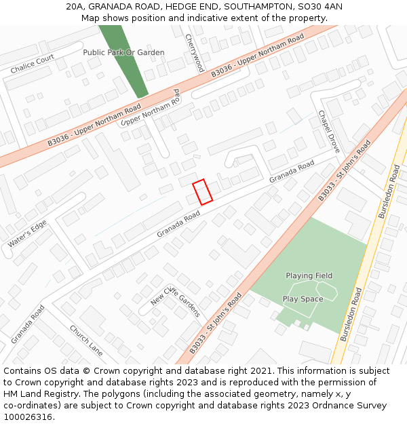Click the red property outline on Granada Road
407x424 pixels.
202,191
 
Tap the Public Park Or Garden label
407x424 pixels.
123,52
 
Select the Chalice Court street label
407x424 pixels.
33,65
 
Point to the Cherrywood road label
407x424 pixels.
194,53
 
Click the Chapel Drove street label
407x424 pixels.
329,131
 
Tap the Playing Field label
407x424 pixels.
309,275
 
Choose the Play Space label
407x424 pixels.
303,298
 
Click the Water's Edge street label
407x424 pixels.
27,234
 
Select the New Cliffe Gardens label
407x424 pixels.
176,298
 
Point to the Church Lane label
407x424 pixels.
86,339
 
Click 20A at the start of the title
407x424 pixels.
75,7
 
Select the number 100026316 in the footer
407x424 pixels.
28,417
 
